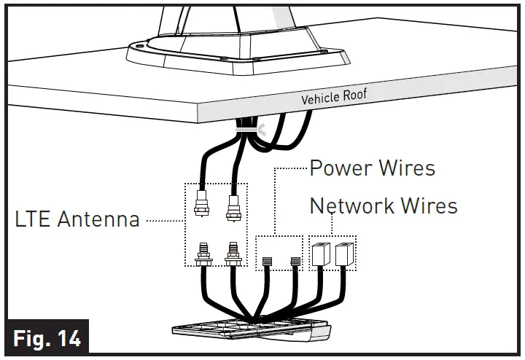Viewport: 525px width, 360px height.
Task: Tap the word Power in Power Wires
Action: coord(341,168)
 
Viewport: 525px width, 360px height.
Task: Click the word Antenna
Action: coord(100,219)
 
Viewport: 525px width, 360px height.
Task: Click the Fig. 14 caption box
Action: coord(46,337)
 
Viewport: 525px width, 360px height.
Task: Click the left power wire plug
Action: coord(267,259)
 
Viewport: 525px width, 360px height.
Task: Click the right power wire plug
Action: coord(296,259)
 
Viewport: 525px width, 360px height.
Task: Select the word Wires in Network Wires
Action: coord(427,206)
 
